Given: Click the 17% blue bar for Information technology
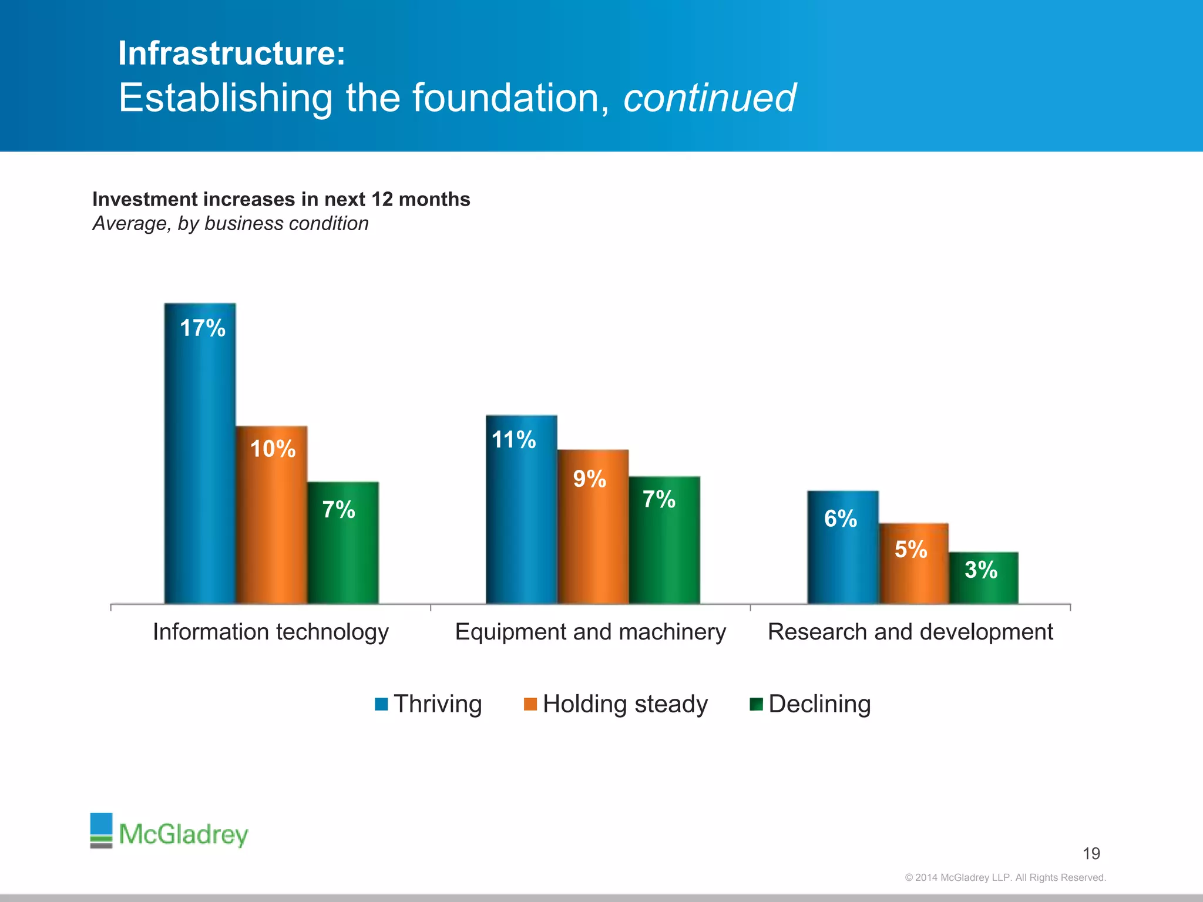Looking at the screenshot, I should coord(200,452).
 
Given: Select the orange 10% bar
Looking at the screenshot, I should coord(271,514).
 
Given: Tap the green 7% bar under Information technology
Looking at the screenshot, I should coord(343,543).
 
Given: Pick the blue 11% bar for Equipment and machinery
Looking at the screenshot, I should coord(521,509).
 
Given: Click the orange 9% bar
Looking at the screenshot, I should coord(593,526).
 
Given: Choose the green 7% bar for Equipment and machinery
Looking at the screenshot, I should coord(664,540).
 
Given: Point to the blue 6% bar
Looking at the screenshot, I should coord(842,547).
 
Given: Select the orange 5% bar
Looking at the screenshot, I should coord(913,563).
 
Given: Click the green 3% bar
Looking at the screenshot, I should coord(983,578).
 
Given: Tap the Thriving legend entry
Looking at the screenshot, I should coord(429,704).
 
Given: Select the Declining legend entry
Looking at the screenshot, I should coord(811,704).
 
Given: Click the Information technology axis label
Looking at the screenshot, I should coord(271,632).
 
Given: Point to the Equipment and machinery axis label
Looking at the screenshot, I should coord(590,632).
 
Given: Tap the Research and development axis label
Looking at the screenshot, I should coord(910,632).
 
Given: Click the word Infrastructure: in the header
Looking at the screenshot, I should coord(231,53).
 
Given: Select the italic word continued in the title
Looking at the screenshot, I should coord(709,97).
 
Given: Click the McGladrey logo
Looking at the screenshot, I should coord(169,832).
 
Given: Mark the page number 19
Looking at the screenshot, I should coord(1091,853).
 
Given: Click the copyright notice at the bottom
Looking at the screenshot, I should coord(1005,877).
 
